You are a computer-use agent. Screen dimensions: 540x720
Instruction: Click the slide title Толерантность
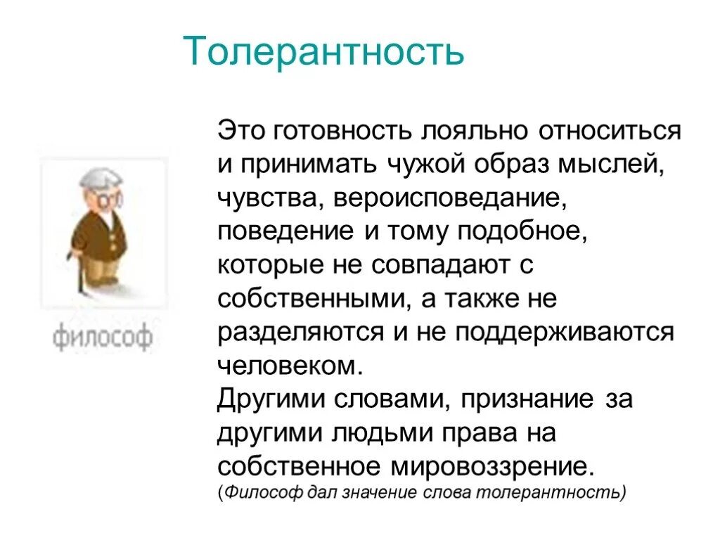click(x=323, y=52)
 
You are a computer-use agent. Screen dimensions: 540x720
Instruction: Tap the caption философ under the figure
click(x=102, y=338)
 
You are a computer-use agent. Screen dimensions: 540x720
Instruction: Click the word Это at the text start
click(x=239, y=131)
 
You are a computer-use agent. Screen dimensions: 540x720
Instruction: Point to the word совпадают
click(x=443, y=266)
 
